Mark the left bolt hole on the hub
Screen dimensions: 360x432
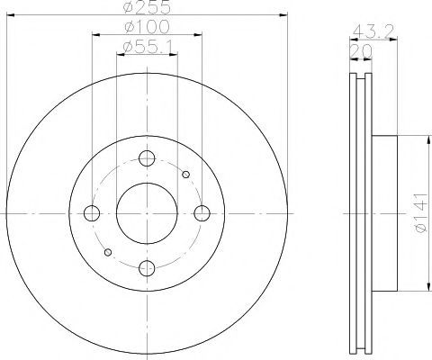point(91,213)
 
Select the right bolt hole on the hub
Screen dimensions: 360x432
point(202,213)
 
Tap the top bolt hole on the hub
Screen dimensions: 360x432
point(147,158)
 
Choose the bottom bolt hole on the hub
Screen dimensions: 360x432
point(147,268)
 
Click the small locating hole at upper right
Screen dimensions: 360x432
point(184,175)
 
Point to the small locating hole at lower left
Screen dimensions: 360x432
point(108,252)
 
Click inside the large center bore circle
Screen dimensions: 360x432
point(147,213)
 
